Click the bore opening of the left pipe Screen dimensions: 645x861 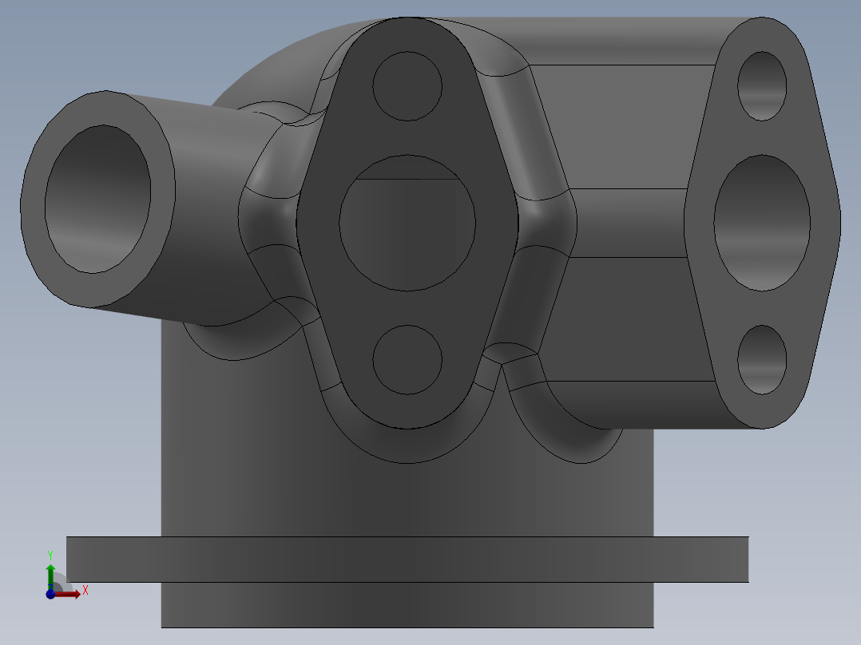(97, 200)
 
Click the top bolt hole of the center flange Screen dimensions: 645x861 (407, 86)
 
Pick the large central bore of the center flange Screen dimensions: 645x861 (407, 231)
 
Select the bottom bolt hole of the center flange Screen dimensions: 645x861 (407, 359)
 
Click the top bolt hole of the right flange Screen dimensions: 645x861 (762, 85)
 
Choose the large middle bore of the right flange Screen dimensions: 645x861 (762, 222)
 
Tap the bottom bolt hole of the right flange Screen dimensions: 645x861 (762, 359)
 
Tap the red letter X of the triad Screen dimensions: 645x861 (85, 591)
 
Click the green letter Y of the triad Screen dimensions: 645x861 (50, 554)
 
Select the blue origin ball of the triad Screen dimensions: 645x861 (50, 594)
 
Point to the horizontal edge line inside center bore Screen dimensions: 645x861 (407, 180)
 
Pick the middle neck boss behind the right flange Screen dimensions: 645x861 (631, 224)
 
